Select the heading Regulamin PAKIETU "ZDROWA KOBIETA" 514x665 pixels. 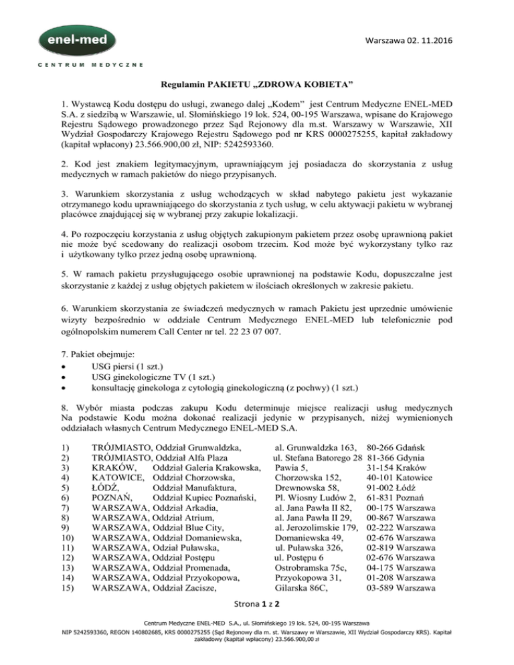[x=258, y=85]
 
